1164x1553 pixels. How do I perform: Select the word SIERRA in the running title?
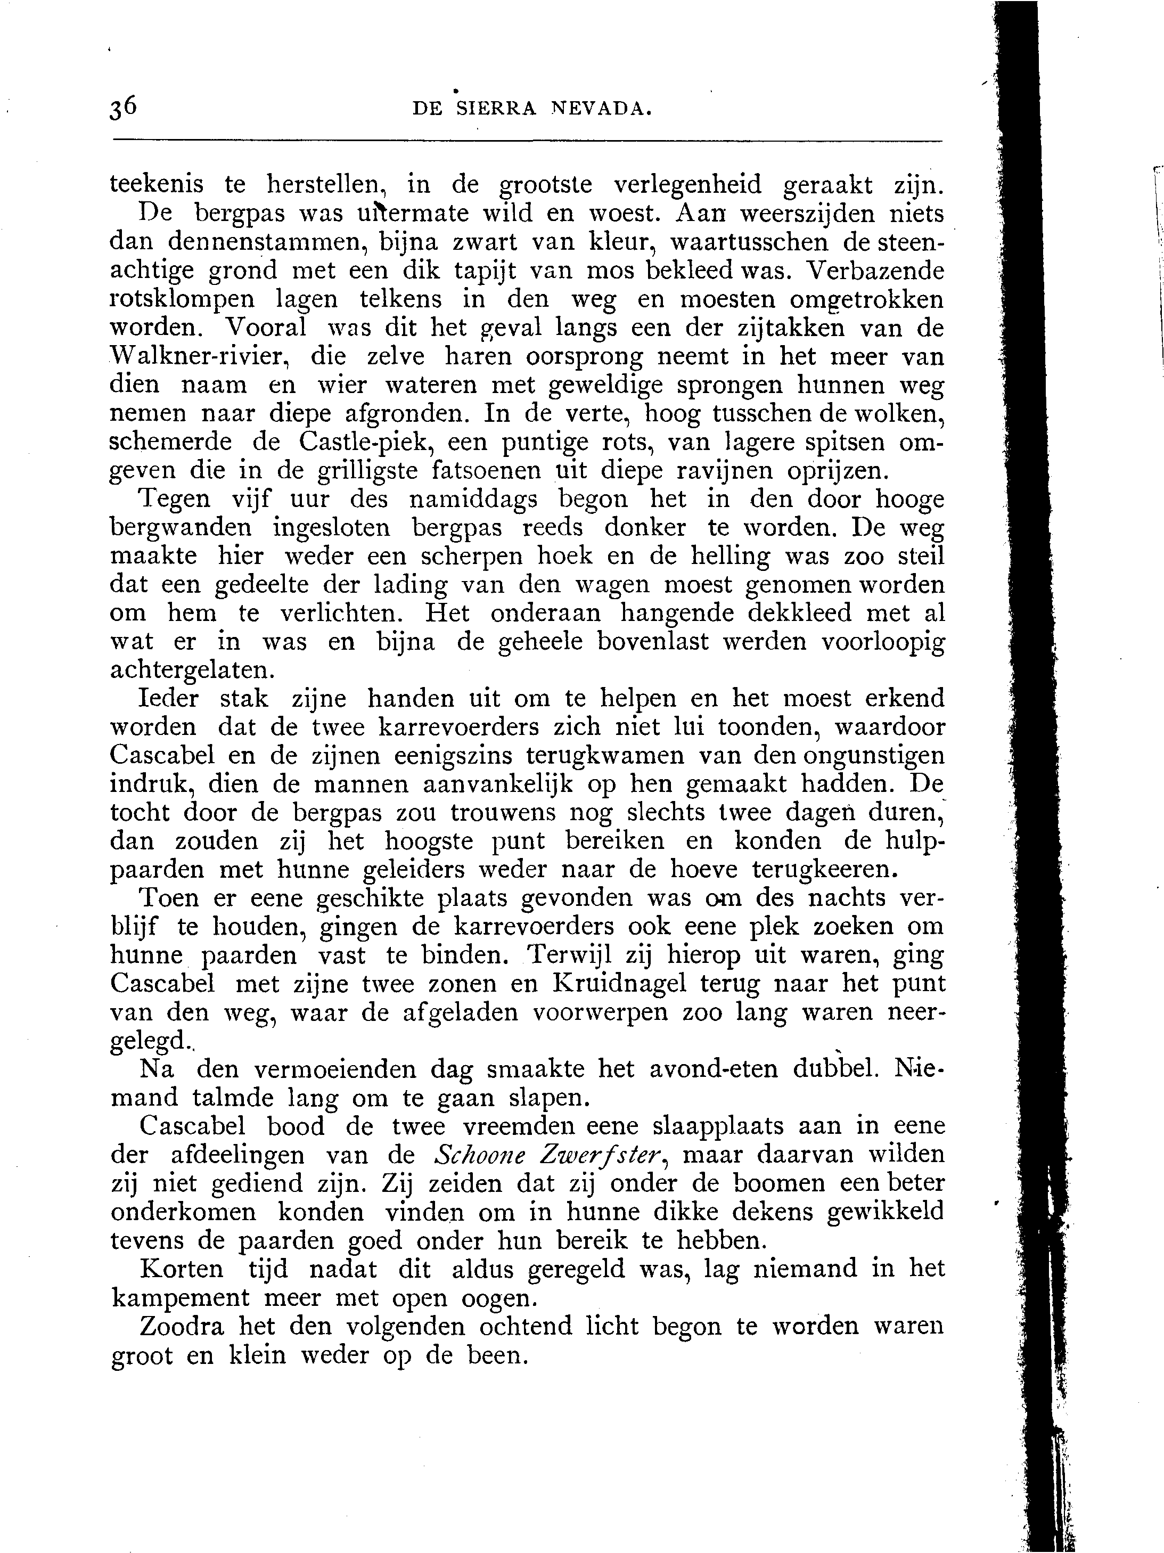point(496,108)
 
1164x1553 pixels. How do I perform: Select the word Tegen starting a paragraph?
point(175,499)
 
